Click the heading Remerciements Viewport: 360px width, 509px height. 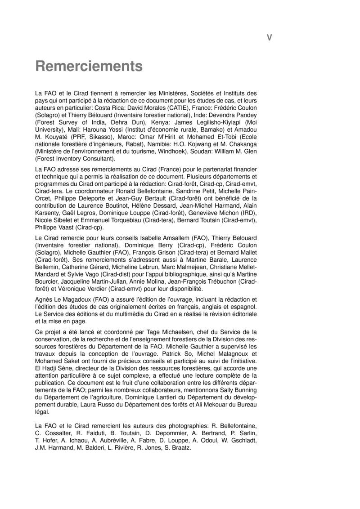89,67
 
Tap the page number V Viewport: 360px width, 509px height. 269,38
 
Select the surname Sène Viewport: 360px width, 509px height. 69,368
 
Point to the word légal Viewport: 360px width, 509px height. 43,411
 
